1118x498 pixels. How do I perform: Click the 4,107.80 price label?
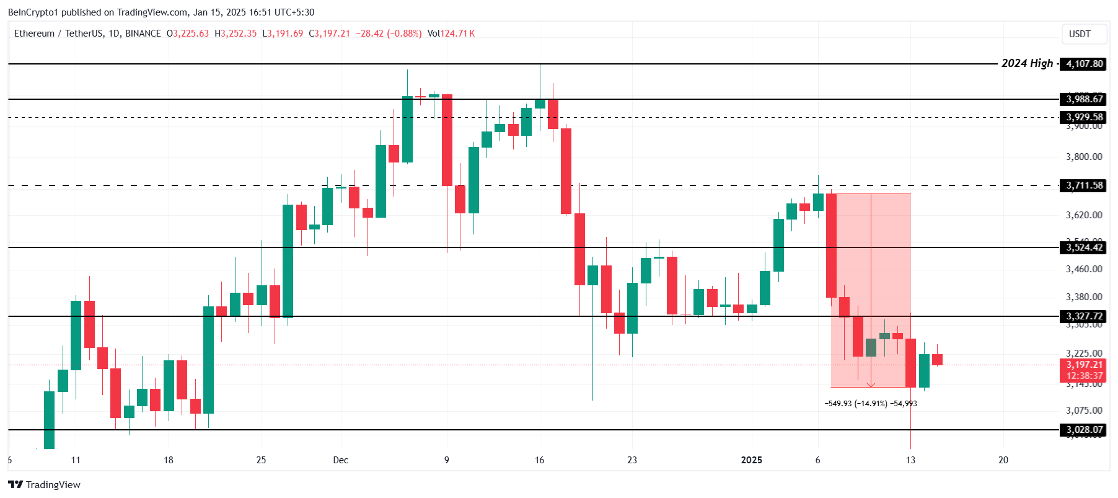pyautogui.click(x=1084, y=64)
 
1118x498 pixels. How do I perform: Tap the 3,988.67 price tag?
pyautogui.click(x=1084, y=99)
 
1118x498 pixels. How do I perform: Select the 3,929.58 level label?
pyautogui.click(x=1084, y=117)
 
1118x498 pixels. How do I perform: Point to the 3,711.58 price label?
pyautogui.click(x=1084, y=185)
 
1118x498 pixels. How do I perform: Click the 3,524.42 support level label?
pyautogui.click(x=1084, y=247)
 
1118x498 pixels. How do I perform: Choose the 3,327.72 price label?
pyautogui.click(x=1084, y=316)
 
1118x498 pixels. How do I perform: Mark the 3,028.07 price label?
pyautogui.click(x=1084, y=430)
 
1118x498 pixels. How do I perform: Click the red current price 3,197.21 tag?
pyautogui.click(x=1084, y=365)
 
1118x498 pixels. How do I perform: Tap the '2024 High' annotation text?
pyautogui.click(x=1027, y=63)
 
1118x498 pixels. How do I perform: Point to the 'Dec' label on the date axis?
pyautogui.click(x=340, y=460)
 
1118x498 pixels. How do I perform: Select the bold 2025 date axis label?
pyautogui.click(x=751, y=460)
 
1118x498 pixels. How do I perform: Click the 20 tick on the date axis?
pyautogui.click(x=1003, y=460)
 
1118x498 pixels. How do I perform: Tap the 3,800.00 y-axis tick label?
pyautogui.click(x=1084, y=157)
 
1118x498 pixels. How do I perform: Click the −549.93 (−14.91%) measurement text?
pyautogui.click(x=855, y=404)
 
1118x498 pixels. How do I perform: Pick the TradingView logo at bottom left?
pyautogui.click(x=45, y=485)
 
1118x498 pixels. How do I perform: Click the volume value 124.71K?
pyautogui.click(x=457, y=33)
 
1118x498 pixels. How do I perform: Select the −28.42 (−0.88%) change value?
pyautogui.click(x=389, y=33)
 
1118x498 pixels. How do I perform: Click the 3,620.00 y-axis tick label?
pyautogui.click(x=1084, y=215)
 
